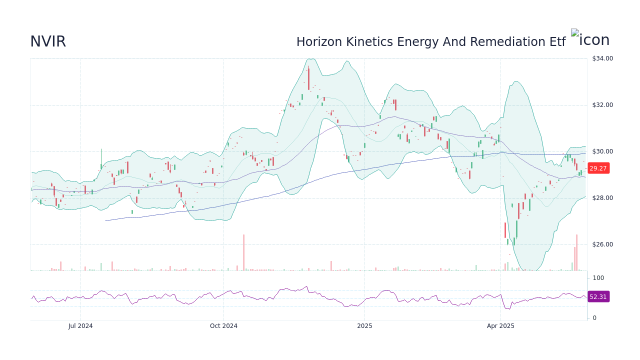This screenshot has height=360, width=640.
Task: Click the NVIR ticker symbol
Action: click(x=48, y=42)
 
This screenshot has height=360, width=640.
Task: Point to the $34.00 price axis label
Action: click(x=602, y=58)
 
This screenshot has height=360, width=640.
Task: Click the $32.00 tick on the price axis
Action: click(x=602, y=105)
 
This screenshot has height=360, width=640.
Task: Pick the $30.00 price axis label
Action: click(x=602, y=151)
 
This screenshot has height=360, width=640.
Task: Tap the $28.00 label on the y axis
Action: click(x=602, y=198)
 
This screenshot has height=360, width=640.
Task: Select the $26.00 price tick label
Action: click(x=602, y=244)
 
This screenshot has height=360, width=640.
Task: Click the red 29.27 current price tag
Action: click(x=598, y=168)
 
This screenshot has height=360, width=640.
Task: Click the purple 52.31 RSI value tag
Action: click(x=598, y=297)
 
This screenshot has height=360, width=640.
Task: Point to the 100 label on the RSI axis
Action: click(x=598, y=278)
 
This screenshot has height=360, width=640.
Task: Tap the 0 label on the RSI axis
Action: click(x=594, y=318)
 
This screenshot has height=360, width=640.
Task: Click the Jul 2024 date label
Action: click(x=80, y=326)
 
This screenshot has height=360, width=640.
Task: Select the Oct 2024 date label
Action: click(x=223, y=326)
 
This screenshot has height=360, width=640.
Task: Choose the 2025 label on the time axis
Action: click(x=364, y=326)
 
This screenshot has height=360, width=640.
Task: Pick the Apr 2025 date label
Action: click(x=500, y=326)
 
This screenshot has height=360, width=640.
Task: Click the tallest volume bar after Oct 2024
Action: click(x=243, y=252)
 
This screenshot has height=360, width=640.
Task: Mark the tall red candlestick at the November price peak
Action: click(x=308, y=78)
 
